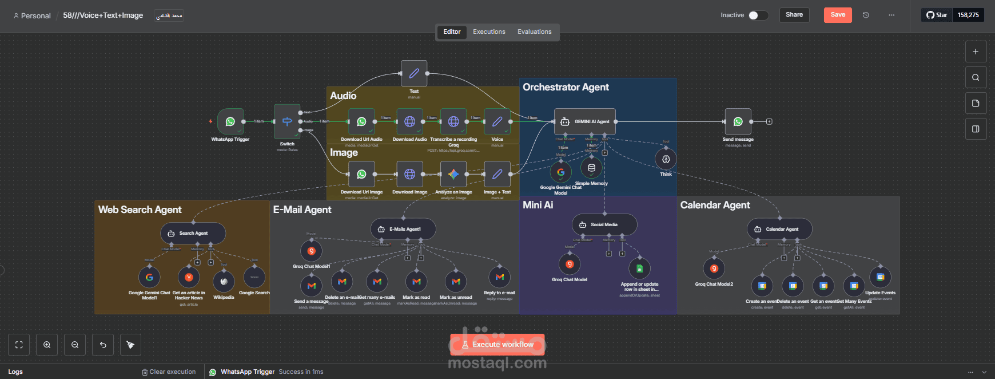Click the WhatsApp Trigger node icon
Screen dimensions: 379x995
230,121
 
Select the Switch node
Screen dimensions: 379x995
287,121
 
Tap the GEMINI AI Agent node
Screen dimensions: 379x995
585,121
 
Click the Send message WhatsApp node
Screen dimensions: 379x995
738,121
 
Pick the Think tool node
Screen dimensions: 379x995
666,159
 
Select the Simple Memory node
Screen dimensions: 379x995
591,168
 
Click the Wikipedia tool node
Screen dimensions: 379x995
224,281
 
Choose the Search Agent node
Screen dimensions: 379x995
193,233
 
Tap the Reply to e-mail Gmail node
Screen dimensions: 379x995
499,277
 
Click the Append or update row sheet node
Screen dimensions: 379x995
639,269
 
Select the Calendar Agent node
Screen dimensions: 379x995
779,229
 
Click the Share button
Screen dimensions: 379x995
794,15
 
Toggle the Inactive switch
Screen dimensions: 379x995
758,15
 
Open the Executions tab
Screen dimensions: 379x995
489,32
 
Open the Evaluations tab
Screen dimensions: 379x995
534,32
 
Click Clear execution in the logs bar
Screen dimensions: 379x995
169,372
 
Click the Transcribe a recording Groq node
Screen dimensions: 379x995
453,121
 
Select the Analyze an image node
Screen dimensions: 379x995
453,174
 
